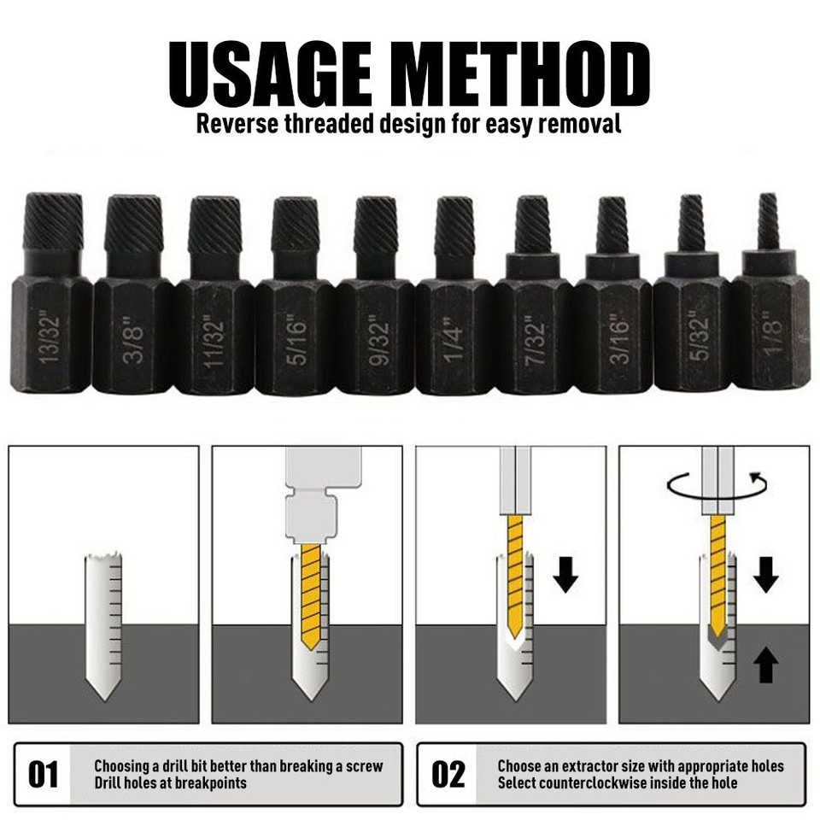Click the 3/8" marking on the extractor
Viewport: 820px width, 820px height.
133,338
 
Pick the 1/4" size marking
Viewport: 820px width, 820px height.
454,338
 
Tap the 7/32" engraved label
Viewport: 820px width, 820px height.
535,338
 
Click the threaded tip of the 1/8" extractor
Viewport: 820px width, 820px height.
769,220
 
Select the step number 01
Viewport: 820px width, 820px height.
44,775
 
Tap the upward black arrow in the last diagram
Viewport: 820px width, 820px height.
766,664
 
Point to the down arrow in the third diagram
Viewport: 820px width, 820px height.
565,575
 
